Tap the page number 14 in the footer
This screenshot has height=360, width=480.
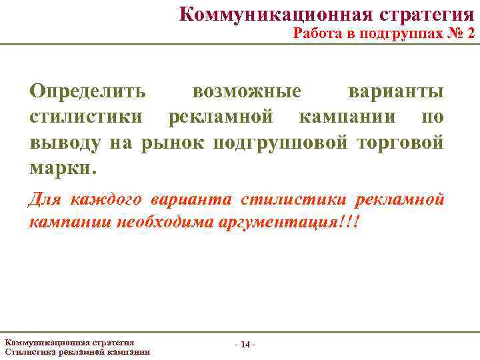[245, 345]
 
